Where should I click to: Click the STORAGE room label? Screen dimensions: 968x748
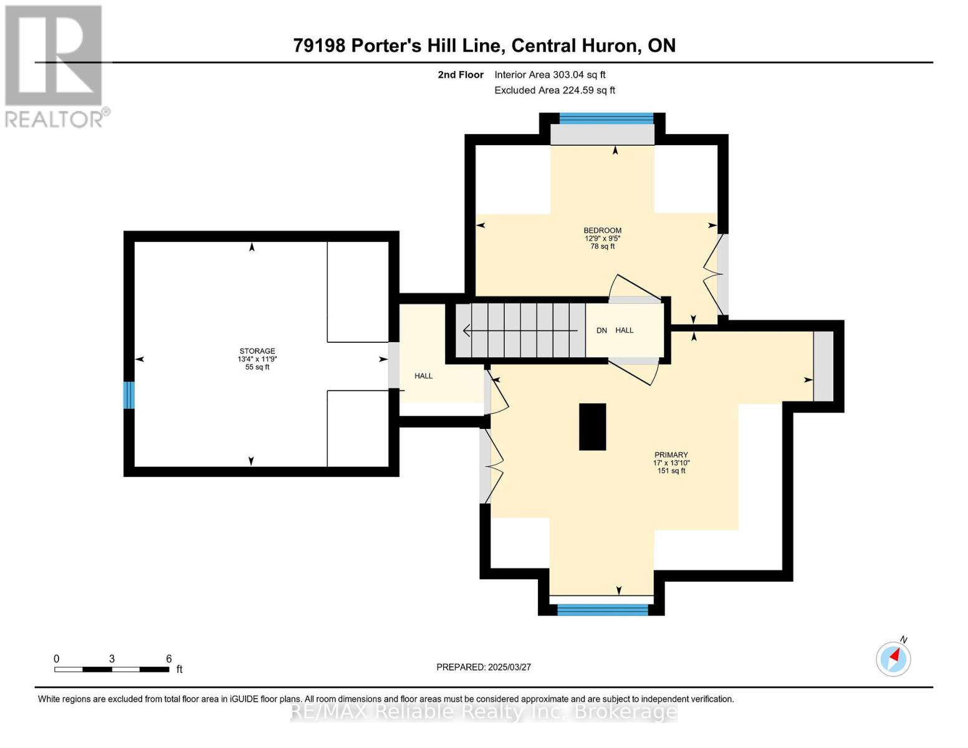click(257, 351)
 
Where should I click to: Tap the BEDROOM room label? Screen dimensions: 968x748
click(602, 231)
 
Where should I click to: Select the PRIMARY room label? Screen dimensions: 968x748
click(671, 455)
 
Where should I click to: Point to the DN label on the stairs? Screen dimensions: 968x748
click(601, 330)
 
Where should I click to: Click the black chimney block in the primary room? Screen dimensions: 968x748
click(592, 426)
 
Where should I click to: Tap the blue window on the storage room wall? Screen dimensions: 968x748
click(128, 395)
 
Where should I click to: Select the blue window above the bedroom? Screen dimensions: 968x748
click(606, 118)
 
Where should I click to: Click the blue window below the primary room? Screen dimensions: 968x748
click(602, 610)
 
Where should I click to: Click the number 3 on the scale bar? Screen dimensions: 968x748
click(112, 659)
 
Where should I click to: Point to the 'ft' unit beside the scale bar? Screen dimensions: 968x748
click(180, 669)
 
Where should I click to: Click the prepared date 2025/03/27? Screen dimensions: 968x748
click(510, 667)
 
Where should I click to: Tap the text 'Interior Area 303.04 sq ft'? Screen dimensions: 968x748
click(550, 75)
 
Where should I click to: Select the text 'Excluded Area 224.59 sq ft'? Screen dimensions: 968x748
click(555, 90)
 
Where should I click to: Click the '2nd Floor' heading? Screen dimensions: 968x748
click(461, 75)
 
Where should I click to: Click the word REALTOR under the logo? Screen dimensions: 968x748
click(54, 120)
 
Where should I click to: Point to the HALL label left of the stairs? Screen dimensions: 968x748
click(423, 376)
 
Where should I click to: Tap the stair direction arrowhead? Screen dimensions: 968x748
click(467, 330)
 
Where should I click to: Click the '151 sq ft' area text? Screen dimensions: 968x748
click(671, 471)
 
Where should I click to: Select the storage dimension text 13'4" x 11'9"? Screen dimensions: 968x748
click(257, 359)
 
